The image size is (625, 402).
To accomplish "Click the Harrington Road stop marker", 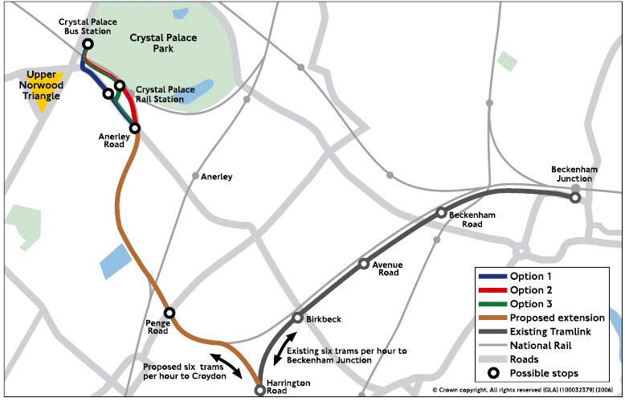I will pos(259,390).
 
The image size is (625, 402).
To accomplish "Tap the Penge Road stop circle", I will pos(170,313).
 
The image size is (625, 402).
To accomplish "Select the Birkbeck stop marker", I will pos(298,318).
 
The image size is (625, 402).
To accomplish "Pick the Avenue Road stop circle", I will pos(364,264).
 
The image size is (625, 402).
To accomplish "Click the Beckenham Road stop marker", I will pos(441,212).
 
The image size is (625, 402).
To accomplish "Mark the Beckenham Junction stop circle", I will pos(575,197).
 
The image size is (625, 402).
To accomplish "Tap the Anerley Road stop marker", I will pos(135,128).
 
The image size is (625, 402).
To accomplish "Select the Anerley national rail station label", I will pos(217,176).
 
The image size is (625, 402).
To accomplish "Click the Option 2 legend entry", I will pos(531,290).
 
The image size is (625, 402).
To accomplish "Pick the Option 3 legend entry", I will pos(531,304).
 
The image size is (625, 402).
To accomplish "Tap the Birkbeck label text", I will pos(325,319).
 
